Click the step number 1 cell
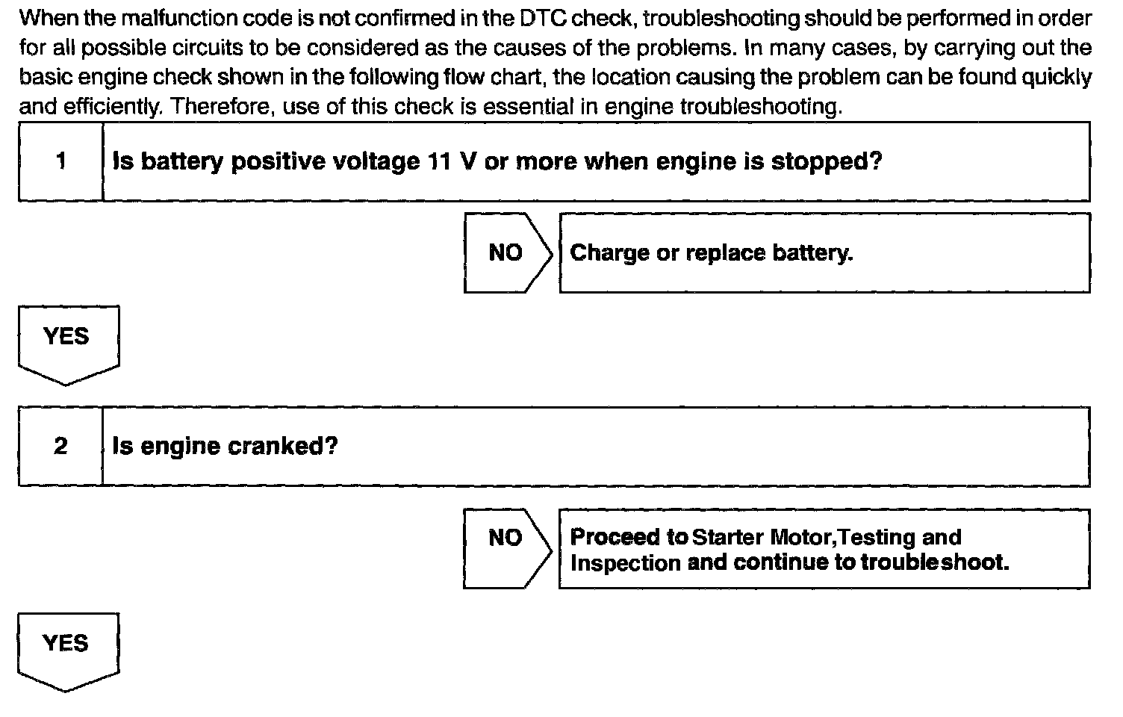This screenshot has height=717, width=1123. click(60, 161)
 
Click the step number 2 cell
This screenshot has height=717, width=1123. click(60, 447)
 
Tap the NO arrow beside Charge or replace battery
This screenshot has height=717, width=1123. click(506, 252)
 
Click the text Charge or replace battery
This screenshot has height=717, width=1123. click(711, 252)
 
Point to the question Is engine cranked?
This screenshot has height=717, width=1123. click(225, 447)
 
